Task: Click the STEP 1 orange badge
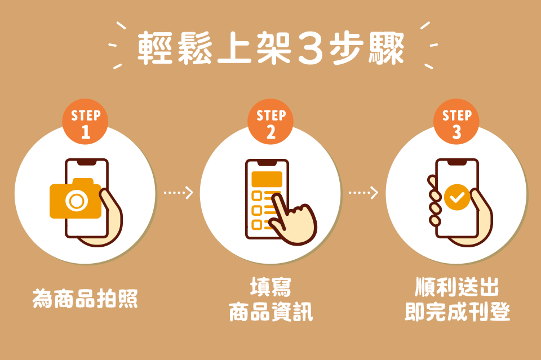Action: tap(85, 122)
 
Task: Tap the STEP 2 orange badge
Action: tap(270, 122)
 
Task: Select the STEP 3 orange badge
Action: tap(456, 122)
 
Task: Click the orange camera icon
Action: tap(76, 199)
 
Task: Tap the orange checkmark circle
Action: tap(457, 197)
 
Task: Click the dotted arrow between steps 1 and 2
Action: tap(179, 193)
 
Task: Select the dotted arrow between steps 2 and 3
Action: tap(363, 193)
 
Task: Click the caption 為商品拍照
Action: tap(85, 299)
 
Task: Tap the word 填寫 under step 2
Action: tap(271, 287)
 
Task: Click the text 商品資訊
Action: tap(271, 312)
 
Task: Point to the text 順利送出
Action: tap(457, 287)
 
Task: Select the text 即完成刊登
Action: tap(457, 312)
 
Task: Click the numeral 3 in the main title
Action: tap(310, 48)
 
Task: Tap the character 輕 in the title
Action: tap(155, 48)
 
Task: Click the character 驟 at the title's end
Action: tap(387, 48)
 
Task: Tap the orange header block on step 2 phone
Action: tap(267, 179)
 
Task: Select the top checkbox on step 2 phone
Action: tap(257, 196)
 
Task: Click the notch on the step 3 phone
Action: tap(457, 162)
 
